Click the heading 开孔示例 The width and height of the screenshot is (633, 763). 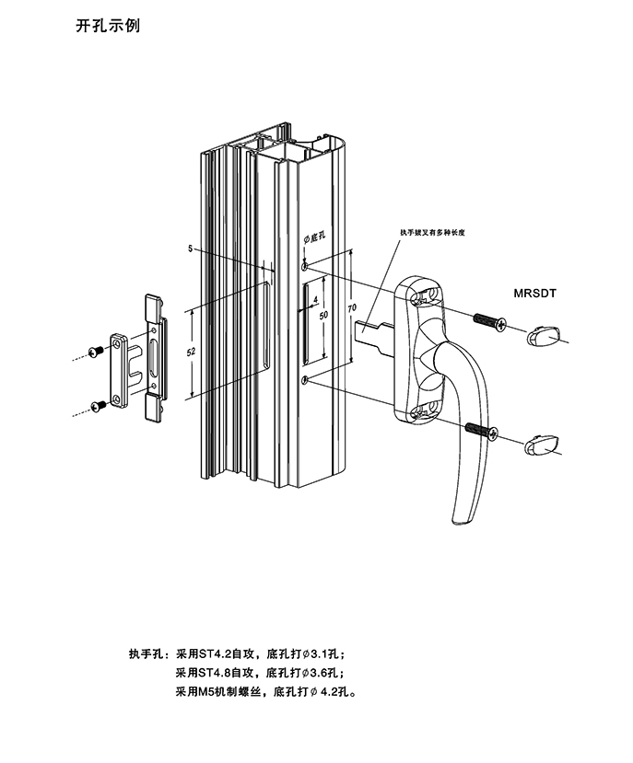pos(107,27)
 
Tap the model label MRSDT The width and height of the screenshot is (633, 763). pos(536,295)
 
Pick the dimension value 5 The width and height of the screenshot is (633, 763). pos(189,249)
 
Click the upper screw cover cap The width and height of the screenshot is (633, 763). pos(543,339)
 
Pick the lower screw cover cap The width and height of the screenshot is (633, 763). pos(542,445)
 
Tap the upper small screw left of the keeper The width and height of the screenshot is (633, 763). pos(95,351)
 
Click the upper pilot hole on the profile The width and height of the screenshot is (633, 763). pos(304,267)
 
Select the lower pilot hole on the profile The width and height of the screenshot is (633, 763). pos(304,379)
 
